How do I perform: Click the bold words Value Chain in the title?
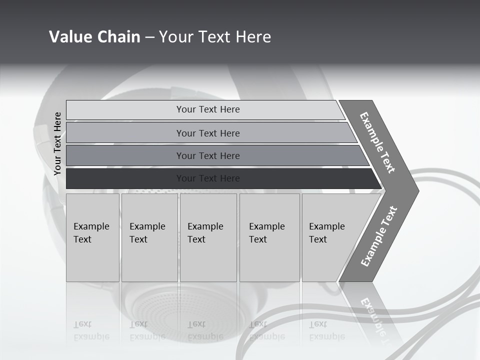click(x=94, y=36)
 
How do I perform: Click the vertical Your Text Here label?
click(x=57, y=143)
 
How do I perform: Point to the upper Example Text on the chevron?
click(x=377, y=142)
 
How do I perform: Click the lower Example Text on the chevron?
click(x=379, y=236)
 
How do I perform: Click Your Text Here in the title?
click(x=215, y=36)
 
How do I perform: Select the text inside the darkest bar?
click(x=208, y=178)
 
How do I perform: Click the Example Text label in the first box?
click(x=91, y=232)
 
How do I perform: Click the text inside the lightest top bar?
click(x=208, y=109)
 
